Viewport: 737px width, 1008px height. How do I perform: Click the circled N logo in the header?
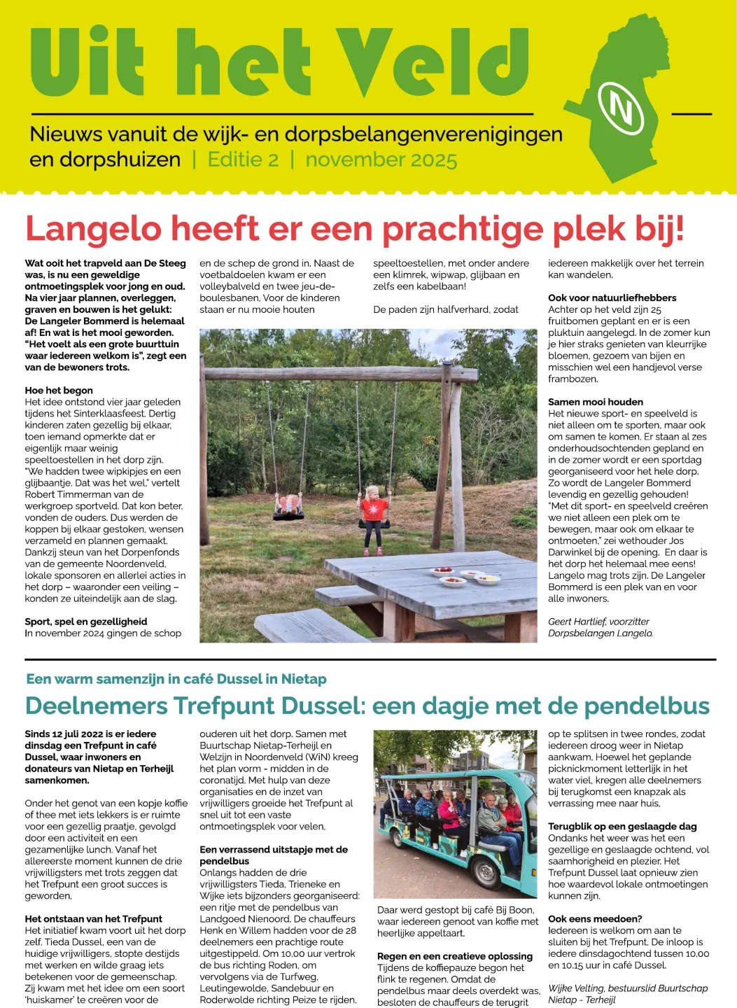622,108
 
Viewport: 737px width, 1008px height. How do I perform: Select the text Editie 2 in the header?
243,160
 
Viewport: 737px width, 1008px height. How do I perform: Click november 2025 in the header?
381,160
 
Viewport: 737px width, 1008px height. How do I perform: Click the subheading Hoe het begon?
59,391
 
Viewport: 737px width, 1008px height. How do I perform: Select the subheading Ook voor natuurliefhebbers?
612,298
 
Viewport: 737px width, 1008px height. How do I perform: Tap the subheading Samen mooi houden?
595,402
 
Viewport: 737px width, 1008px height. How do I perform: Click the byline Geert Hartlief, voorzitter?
598,622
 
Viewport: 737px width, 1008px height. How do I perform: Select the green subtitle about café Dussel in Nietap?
176,679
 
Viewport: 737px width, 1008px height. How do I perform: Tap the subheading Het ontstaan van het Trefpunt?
93,919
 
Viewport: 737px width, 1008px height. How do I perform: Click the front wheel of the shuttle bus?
484,872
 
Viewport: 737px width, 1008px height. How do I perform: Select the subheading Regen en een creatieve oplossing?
454,956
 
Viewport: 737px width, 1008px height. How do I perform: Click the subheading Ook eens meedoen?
595,919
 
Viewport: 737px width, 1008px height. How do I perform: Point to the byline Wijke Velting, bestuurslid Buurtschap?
627,988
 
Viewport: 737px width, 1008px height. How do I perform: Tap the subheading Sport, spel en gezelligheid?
86,622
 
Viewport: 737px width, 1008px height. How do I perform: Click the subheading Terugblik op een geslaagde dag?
622,827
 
